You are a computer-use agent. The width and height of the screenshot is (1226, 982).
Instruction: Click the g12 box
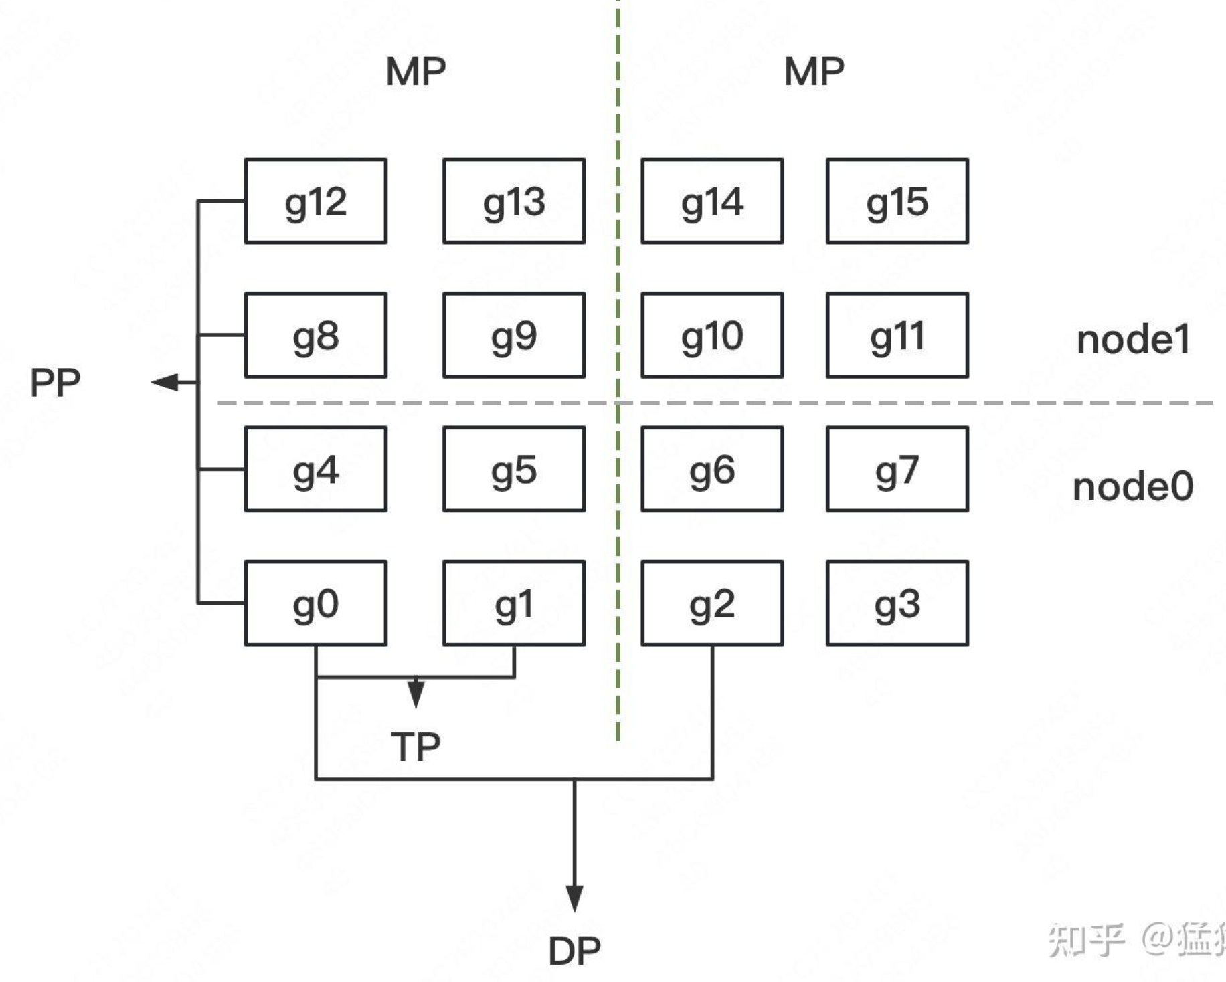click(315, 201)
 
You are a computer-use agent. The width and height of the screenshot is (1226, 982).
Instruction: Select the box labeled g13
click(513, 201)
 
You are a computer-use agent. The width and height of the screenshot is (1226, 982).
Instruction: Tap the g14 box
click(711, 201)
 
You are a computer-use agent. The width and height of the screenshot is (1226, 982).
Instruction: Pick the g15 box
click(897, 201)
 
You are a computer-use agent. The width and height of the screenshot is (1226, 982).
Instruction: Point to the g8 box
click(315, 335)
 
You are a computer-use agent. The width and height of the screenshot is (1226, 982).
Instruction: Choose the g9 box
click(513, 335)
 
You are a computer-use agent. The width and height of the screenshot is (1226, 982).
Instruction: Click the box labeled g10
click(711, 335)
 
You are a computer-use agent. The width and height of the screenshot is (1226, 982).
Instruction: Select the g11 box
click(897, 335)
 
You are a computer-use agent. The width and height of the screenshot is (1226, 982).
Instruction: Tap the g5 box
click(513, 470)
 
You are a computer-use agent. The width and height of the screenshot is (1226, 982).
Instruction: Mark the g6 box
click(711, 470)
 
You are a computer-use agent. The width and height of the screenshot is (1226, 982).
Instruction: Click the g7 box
click(897, 470)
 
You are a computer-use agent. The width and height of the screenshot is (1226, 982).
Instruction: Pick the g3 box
click(897, 603)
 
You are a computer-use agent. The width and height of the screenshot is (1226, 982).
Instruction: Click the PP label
click(55, 383)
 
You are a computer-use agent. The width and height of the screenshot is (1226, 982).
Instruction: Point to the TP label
click(416, 747)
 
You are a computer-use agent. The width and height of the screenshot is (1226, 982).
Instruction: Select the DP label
click(574, 951)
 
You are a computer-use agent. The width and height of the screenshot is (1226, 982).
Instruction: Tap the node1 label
click(1134, 339)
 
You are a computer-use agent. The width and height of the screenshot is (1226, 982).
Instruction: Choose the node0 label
click(1133, 486)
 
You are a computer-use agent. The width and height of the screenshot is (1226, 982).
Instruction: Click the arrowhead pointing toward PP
click(163, 382)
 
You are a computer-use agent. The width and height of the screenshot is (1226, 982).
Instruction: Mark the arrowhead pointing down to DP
click(574, 898)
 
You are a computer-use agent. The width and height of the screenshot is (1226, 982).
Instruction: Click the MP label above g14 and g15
click(814, 71)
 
